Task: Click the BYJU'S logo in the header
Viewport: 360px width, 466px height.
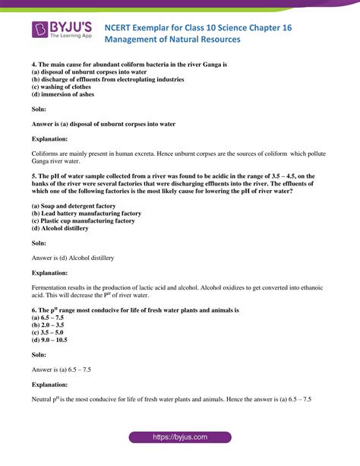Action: [x=62, y=32]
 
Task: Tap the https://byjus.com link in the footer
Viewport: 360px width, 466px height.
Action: [x=180, y=438]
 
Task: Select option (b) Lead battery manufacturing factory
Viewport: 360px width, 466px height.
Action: [x=86, y=213]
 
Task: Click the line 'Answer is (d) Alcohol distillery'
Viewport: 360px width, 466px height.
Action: [x=73, y=258]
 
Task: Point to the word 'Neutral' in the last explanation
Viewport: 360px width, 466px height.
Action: [x=43, y=399]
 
